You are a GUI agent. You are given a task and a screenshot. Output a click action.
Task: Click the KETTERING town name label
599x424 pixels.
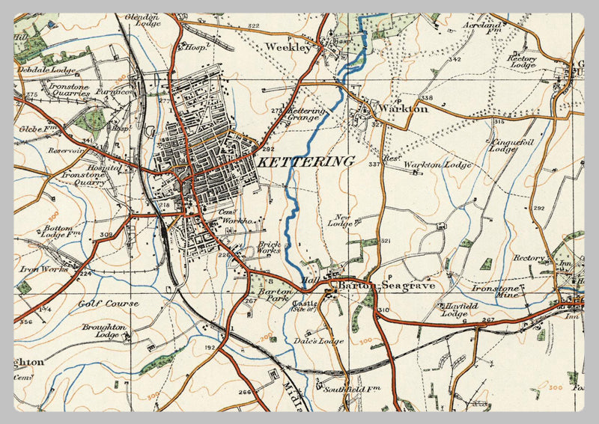tap(305, 162)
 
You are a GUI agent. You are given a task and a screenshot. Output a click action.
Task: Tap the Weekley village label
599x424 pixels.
tap(288, 47)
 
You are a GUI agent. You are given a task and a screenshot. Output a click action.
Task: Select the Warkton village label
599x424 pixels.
tap(403, 108)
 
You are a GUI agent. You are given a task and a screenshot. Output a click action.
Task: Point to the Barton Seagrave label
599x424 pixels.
tap(386, 286)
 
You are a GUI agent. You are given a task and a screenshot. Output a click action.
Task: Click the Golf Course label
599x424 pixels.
tap(109, 304)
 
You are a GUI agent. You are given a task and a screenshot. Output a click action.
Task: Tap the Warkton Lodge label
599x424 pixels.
tap(437, 165)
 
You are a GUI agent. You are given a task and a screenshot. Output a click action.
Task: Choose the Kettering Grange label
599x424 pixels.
tap(306, 114)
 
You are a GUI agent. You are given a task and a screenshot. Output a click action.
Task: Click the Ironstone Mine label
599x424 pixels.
tap(496, 291)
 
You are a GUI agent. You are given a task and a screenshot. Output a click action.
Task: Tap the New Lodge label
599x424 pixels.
tap(339, 221)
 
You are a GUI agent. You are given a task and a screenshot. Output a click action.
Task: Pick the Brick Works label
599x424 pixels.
tap(269, 248)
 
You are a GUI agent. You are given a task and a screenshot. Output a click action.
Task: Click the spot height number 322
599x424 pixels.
tap(253, 26)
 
